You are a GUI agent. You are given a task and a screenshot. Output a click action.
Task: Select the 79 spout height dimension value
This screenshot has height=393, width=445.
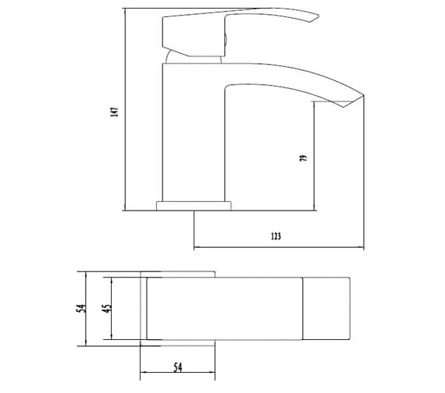pyautogui.click(x=304, y=158)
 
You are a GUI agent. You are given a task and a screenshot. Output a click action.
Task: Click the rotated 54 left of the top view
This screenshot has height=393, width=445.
pyautogui.click(x=79, y=310)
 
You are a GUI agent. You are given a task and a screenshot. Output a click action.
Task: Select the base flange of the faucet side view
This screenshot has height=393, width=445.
pyautogui.click(x=194, y=207)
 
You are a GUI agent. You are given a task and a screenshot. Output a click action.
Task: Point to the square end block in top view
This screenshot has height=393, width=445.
pyautogui.click(x=327, y=309)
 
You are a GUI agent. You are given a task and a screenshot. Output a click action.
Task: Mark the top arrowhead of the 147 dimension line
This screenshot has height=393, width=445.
pyautogui.click(x=125, y=14)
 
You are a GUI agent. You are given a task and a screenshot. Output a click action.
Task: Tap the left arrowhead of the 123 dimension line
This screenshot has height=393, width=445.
pyautogui.click(x=196, y=248)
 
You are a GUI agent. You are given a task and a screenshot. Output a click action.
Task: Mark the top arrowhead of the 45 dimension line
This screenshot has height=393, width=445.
pyautogui.click(x=112, y=280)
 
